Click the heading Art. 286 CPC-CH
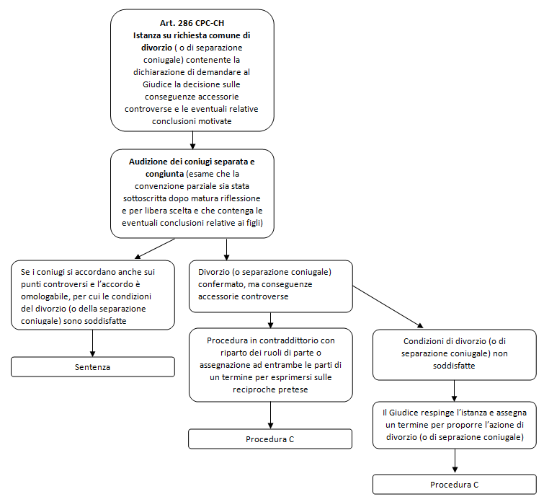(x=192, y=23)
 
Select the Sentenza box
(x=93, y=367)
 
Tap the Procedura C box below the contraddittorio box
(x=270, y=439)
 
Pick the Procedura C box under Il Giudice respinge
(x=455, y=484)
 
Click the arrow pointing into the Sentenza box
(x=93, y=343)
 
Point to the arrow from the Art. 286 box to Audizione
(x=192, y=141)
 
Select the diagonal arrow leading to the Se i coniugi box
(x=155, y=248)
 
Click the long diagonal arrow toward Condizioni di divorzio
(x=388, y=307)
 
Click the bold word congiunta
(x=164, y=174)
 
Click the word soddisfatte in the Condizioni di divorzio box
(x=454, y=366)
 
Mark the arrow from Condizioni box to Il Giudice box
(x=454, y=391)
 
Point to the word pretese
(x=295, y=389)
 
